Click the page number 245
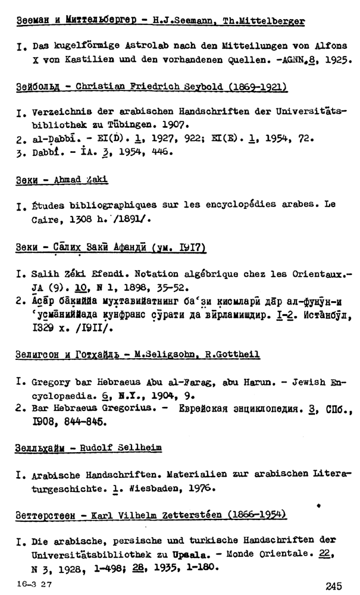(x=334, y=586)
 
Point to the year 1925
(x=334, y=61)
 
